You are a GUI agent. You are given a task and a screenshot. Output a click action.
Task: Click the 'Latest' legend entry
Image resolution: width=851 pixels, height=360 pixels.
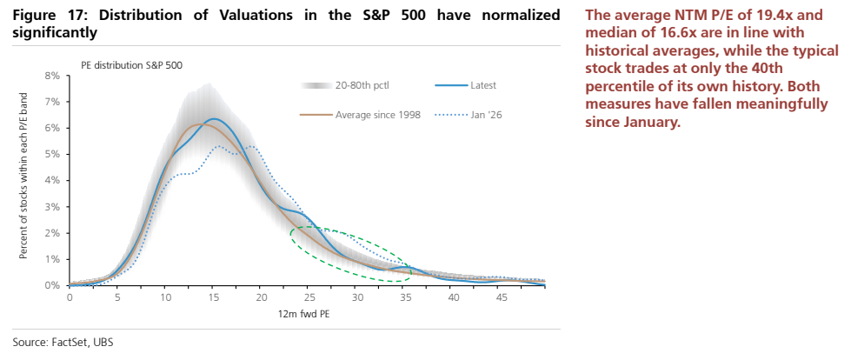coord(466,85)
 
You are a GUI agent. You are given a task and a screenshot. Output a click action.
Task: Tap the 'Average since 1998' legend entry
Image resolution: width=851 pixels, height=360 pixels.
coord(361,115)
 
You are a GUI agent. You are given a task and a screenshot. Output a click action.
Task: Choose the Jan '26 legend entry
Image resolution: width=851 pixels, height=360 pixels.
coord(469,115)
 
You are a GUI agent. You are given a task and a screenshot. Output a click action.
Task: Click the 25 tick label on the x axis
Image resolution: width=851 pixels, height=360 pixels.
coord(308,297)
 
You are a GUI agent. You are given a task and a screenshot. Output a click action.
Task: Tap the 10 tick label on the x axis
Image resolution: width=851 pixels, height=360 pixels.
coord(165,297)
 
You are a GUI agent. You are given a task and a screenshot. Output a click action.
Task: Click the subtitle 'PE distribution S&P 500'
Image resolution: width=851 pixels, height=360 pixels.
coord(132,65)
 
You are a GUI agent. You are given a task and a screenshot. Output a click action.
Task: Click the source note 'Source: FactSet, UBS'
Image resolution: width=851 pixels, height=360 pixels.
coord(63,343)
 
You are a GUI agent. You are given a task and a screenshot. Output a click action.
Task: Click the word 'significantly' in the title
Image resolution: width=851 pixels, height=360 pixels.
coord(54,34)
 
